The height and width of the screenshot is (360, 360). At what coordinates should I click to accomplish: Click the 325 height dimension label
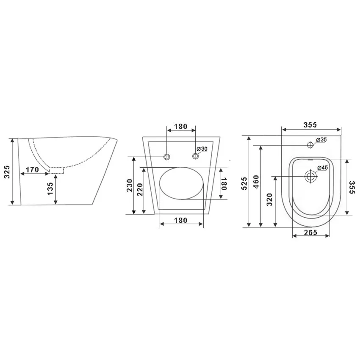tap(7, 172)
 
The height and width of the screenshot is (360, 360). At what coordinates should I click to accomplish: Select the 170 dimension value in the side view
tap(32, 170)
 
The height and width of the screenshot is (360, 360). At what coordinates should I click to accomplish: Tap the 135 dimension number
tap(50, 189)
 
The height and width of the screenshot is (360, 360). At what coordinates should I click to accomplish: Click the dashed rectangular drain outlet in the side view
tap(56, 170)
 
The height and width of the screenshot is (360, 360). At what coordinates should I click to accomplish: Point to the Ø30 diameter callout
tap(202, 149)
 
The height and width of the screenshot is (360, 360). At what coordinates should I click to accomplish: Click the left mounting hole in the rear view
tap(167, 157)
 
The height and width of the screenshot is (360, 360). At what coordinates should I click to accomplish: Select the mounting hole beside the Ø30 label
tap(195, 156)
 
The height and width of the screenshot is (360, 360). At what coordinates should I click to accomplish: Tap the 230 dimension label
tap(130, 186)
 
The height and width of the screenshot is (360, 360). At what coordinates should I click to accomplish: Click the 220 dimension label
tap(140, 190)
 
